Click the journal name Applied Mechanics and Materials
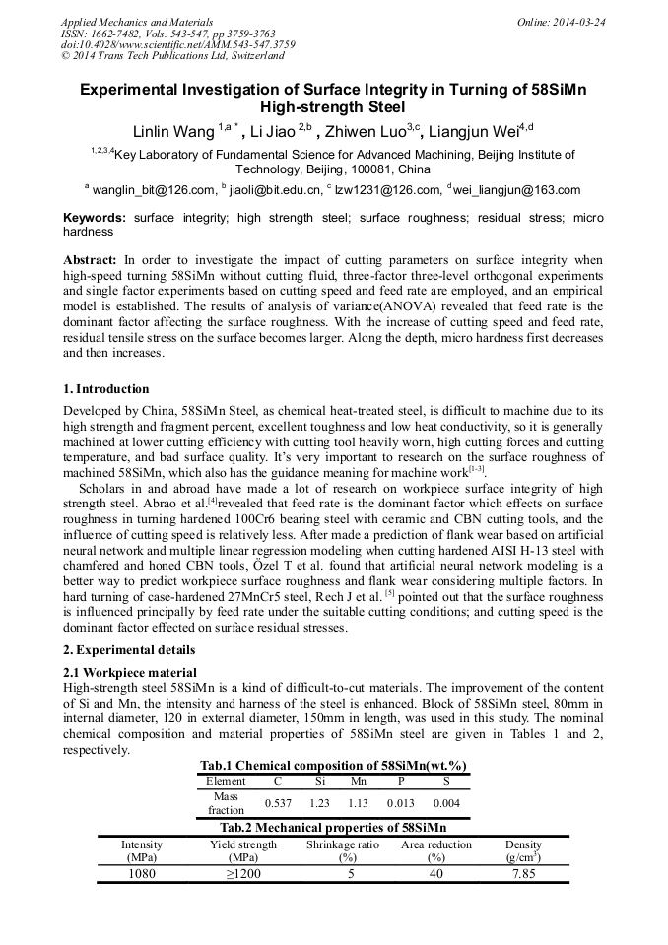137,22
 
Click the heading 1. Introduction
105,389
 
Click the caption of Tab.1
333,765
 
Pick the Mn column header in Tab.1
358,780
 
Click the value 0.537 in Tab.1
279,803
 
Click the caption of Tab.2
333,828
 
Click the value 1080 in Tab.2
142,874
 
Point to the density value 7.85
523,874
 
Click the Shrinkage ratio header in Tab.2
342,844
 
